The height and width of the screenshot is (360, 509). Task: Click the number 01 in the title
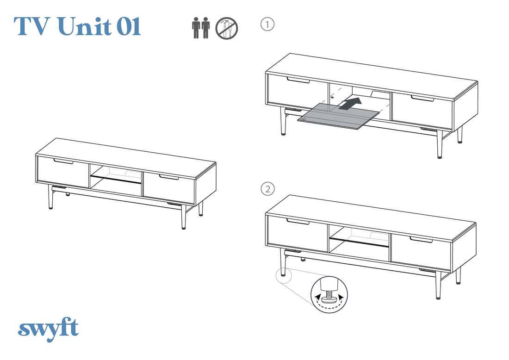129,26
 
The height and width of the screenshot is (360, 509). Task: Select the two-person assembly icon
201,28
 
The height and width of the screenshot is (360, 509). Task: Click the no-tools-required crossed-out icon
227,28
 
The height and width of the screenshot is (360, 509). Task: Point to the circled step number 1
267,25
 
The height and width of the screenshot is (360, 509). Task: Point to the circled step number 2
268,189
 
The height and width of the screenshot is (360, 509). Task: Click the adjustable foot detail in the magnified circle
329,294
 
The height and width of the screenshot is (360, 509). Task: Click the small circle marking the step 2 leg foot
284,276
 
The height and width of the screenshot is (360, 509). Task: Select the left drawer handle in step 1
298,80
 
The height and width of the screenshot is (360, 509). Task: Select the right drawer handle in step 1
422,98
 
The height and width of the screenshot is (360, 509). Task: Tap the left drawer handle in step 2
298,221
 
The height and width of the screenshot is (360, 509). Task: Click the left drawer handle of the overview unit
64,161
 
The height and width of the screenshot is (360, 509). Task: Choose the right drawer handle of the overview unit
169,177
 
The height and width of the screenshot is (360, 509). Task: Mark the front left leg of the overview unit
50,197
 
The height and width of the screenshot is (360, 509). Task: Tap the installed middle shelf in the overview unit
116,180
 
